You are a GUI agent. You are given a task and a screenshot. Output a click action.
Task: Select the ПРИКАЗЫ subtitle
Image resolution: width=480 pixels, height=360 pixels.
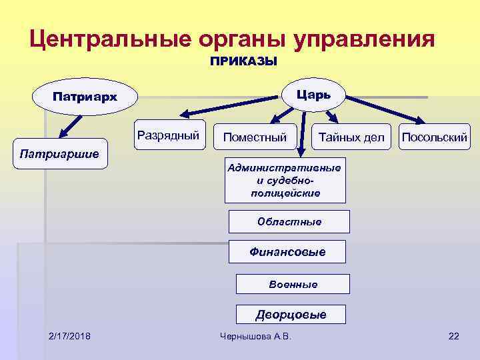[243, 62]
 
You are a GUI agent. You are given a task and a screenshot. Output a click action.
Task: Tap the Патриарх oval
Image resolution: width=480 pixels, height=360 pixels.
[85, 97]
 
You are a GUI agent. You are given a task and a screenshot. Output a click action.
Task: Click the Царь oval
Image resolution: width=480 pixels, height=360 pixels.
[314, 93]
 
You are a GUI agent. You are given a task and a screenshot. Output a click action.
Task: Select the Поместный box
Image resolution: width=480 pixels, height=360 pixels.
[255, 137]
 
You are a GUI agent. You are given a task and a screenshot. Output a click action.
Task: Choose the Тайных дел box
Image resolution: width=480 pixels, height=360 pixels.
[351, 137]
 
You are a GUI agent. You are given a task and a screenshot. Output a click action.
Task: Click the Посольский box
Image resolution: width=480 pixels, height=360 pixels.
[434, 137]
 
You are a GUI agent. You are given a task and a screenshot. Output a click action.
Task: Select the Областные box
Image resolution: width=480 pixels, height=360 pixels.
[289, 221]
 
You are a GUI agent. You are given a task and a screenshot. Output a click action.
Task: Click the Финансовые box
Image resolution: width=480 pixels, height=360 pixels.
[287, 252]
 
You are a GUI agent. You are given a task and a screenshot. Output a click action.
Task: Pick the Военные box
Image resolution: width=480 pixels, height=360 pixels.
[293, 284]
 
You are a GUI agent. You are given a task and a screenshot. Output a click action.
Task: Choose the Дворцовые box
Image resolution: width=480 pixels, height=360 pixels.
[291, 315]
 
